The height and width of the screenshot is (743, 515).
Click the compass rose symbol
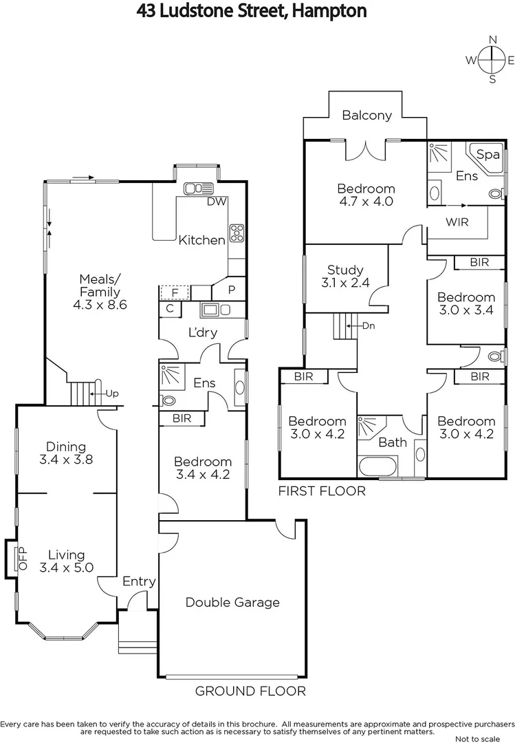(492, 59)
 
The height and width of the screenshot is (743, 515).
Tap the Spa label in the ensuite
(488, 155)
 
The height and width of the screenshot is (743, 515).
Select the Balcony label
(366, 116)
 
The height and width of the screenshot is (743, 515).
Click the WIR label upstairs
(457, 222)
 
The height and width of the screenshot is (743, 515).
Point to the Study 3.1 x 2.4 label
(344, 276)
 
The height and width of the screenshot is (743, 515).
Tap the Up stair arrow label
(111, 393)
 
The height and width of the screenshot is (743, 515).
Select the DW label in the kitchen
(217, 202)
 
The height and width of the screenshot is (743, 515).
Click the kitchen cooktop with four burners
(237, 233)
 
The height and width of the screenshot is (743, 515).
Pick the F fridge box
(175, 292)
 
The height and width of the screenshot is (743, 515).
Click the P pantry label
(232, 290)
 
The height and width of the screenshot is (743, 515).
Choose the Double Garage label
(232, 603)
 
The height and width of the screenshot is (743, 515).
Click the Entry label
(139, 581)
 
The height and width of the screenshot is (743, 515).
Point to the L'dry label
(203, 332)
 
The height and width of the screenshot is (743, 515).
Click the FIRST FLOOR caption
(321, 491)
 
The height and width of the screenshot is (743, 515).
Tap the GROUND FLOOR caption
(250, 691)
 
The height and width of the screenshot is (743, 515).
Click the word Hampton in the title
(329, 11)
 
